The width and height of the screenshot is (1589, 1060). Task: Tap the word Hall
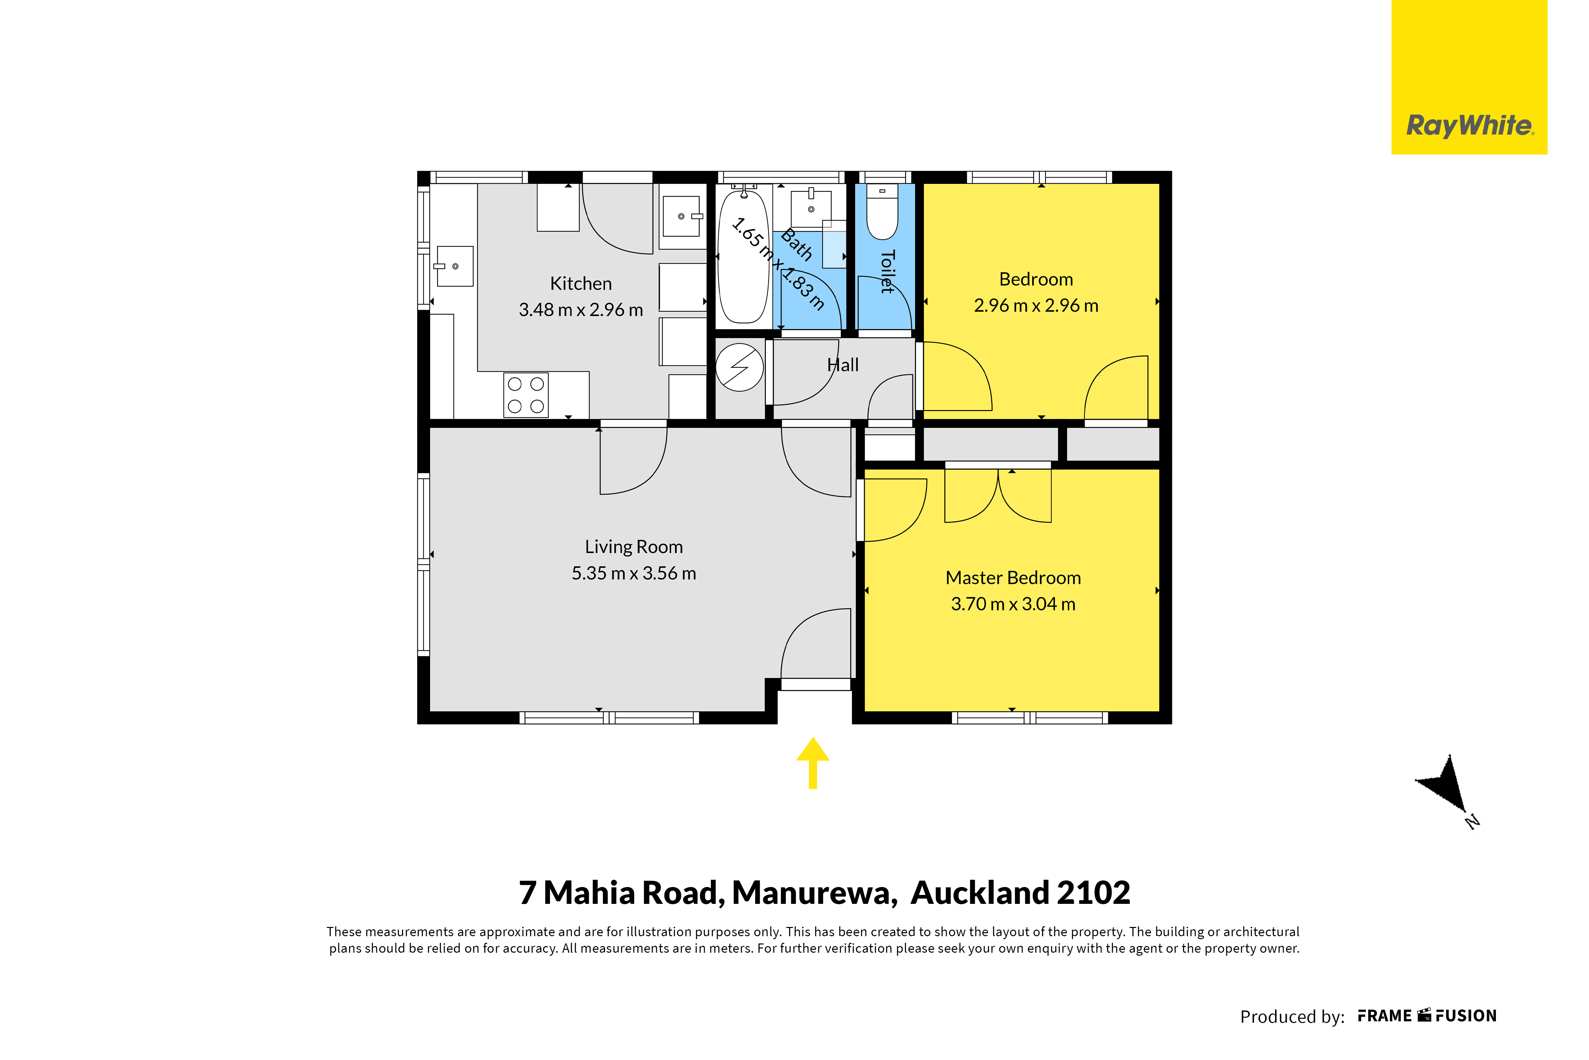(x=843, y=365)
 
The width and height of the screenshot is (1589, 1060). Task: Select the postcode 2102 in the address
(x=1093, y=893)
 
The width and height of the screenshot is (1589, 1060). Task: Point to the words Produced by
(x=1292, y=1017)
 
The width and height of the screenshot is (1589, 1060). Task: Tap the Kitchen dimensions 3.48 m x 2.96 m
(x=581, y=310)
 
